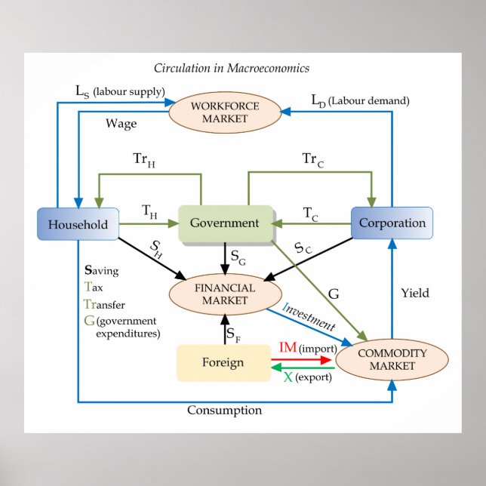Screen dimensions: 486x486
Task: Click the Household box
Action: [x=78, y=224]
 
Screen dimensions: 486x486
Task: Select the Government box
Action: [x=225, y=223]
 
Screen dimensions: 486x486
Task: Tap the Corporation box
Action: [x=392, y=223]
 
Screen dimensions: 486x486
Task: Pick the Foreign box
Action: [x=223, y=362]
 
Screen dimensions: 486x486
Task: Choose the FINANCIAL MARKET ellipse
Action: [x=225, y=294]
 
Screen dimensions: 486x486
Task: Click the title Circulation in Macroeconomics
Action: [x=232, y=69]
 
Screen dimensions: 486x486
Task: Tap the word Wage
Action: [x=121, y=124]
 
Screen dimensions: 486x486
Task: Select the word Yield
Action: [x=415, y=293]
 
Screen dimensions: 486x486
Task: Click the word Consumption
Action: [x=225, y=411]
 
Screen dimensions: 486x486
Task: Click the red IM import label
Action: [x=306, y=348]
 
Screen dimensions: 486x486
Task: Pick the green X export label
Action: [x=308, y=376]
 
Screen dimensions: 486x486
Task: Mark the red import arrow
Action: [x=302, y=360]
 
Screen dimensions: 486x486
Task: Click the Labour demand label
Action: [x=361, y=100]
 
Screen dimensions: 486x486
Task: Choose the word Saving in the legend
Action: [x=102, y=270]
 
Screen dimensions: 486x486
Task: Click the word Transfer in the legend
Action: [x=105, y=304]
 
